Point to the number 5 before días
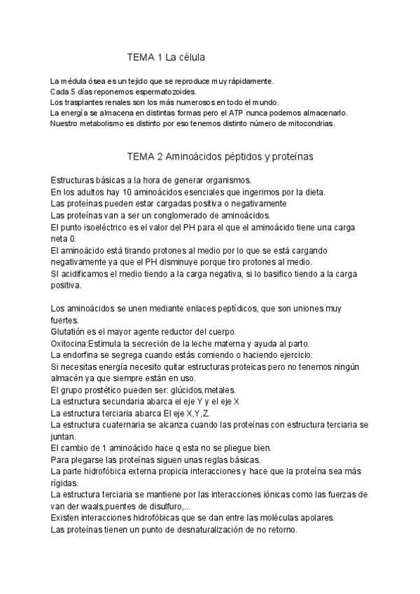[x=73, y=92]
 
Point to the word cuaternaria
[x=127, y=424]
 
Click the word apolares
[x=315, y=518]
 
